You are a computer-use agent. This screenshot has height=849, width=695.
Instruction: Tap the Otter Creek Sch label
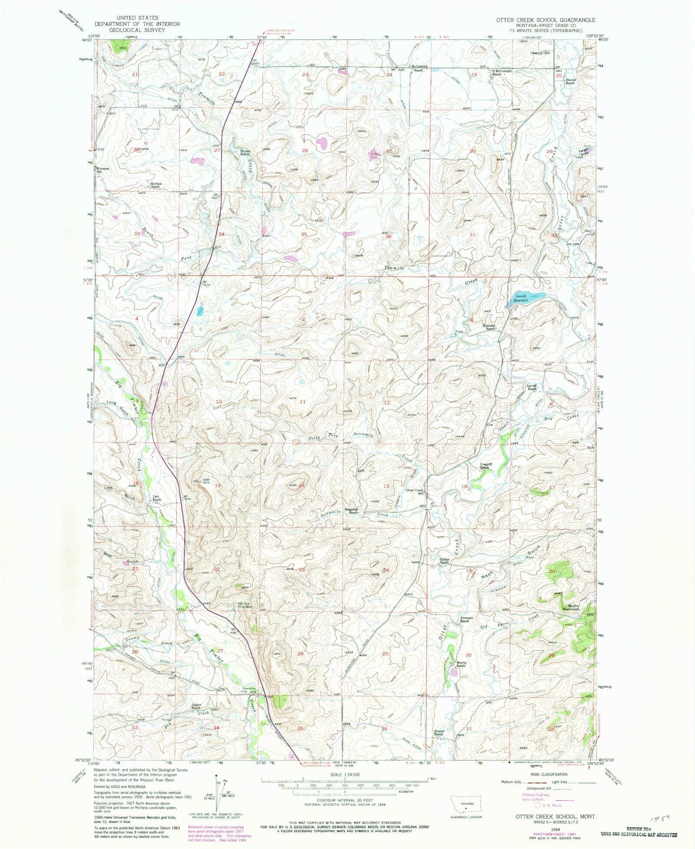click(415, 492)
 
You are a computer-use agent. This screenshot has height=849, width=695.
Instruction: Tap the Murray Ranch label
click(460, 664)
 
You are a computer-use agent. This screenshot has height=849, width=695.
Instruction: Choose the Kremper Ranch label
click(467, 619)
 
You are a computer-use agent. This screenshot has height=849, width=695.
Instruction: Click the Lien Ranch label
click(156, 498)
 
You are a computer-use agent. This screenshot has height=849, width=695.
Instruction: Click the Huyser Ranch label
click(245, 153)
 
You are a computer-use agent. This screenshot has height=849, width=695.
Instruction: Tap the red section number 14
click(301, 485)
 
